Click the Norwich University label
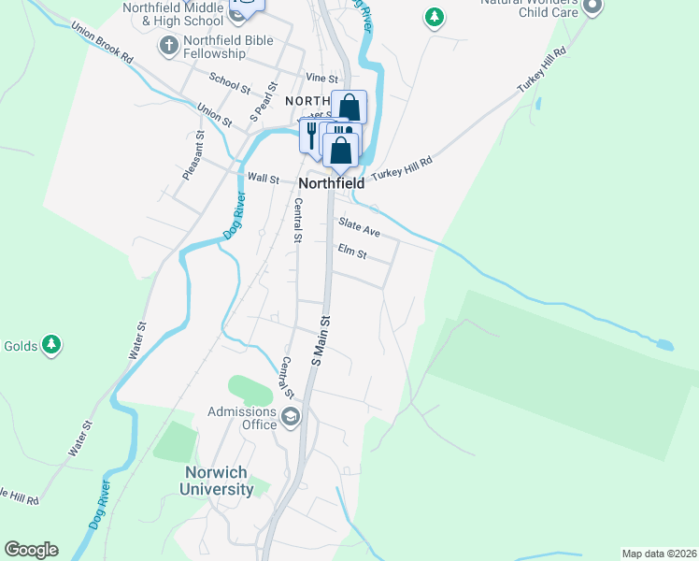coord(217,481)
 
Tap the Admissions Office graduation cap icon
coord(290,417)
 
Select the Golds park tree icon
coord(52,346)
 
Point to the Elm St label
coord(352,252)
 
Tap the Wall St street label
coord(263,178)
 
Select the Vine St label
coord(321,78)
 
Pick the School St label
coord(230,83)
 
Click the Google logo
coord(31,550)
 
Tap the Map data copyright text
coord(659,554)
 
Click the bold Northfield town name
coord(331,184)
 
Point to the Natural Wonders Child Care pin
coord(592,7)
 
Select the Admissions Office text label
coord(241,418)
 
